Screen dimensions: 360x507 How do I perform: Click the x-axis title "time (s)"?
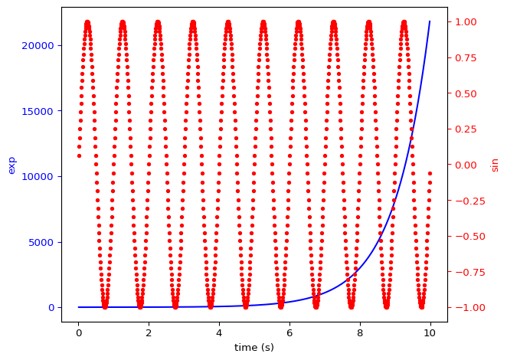coord(254,348)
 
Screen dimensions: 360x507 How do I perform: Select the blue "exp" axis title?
coord(11,165)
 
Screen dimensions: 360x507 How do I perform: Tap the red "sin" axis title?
coord(495,165)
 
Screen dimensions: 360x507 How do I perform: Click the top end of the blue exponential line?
coord(430,21)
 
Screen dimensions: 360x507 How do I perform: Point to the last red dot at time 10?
coord(430,173)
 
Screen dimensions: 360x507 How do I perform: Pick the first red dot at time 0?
coord(78,156)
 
